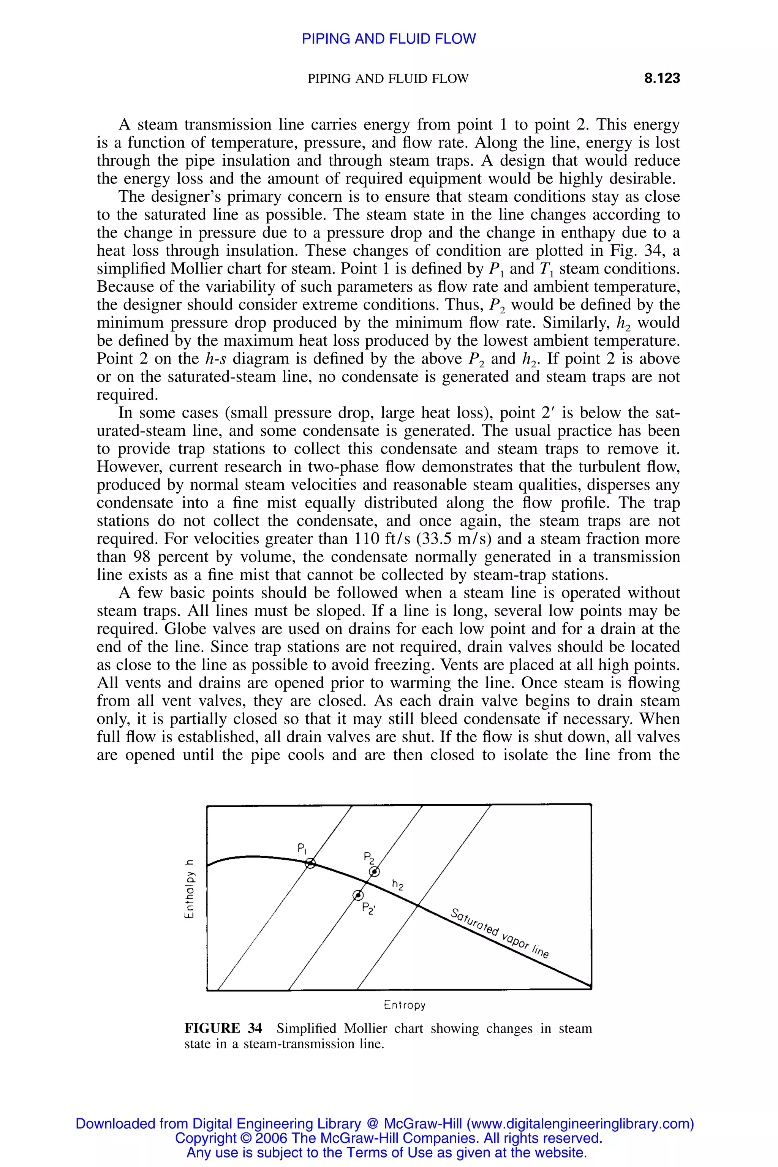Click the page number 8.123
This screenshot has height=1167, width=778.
[x=661, y=78]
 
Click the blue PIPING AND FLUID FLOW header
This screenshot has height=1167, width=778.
[x=389, y=39]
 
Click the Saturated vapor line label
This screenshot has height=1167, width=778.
[x=499, y=933]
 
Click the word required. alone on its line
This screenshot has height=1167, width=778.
[x=127, y=395]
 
